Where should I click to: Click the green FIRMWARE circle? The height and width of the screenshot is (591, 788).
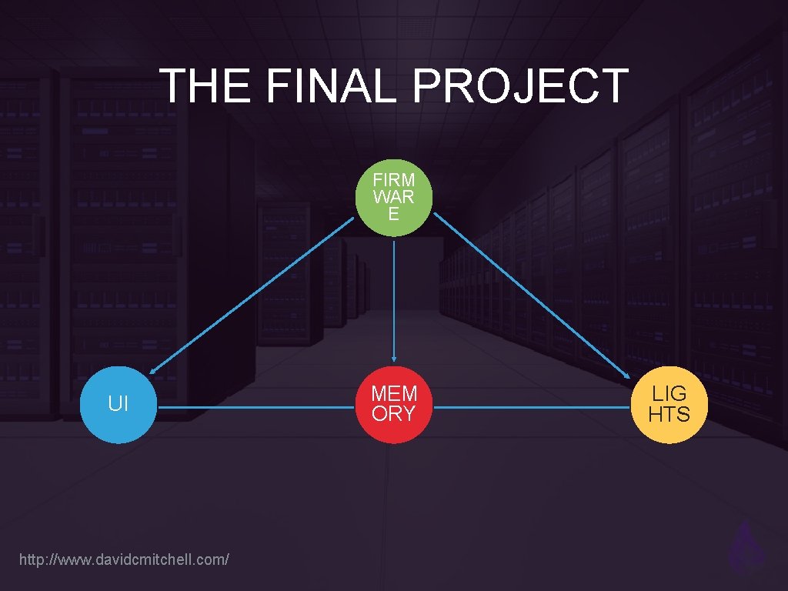(x=394, y=198)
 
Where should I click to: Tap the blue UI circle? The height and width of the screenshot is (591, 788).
(x=119, y=404)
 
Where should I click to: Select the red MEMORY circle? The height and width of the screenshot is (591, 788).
(x=394, y=404)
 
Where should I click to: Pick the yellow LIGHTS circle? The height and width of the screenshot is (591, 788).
(x=669, y=404)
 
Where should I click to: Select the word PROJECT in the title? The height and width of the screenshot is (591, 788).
(x=521, y=85)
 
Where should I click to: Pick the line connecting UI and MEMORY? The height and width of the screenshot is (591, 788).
(x=255, y=408)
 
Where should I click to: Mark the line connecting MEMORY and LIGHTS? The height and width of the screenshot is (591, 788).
(x=531, y=408)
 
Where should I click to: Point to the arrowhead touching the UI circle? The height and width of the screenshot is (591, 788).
(x=153, y=371)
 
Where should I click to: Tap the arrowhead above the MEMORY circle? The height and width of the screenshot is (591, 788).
(x=394, y=358)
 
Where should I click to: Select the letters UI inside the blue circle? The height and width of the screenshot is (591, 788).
(x=119, y=404)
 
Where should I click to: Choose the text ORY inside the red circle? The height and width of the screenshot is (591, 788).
(x=393, y=414)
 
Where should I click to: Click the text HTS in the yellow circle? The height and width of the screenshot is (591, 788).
(x=669, y=414)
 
